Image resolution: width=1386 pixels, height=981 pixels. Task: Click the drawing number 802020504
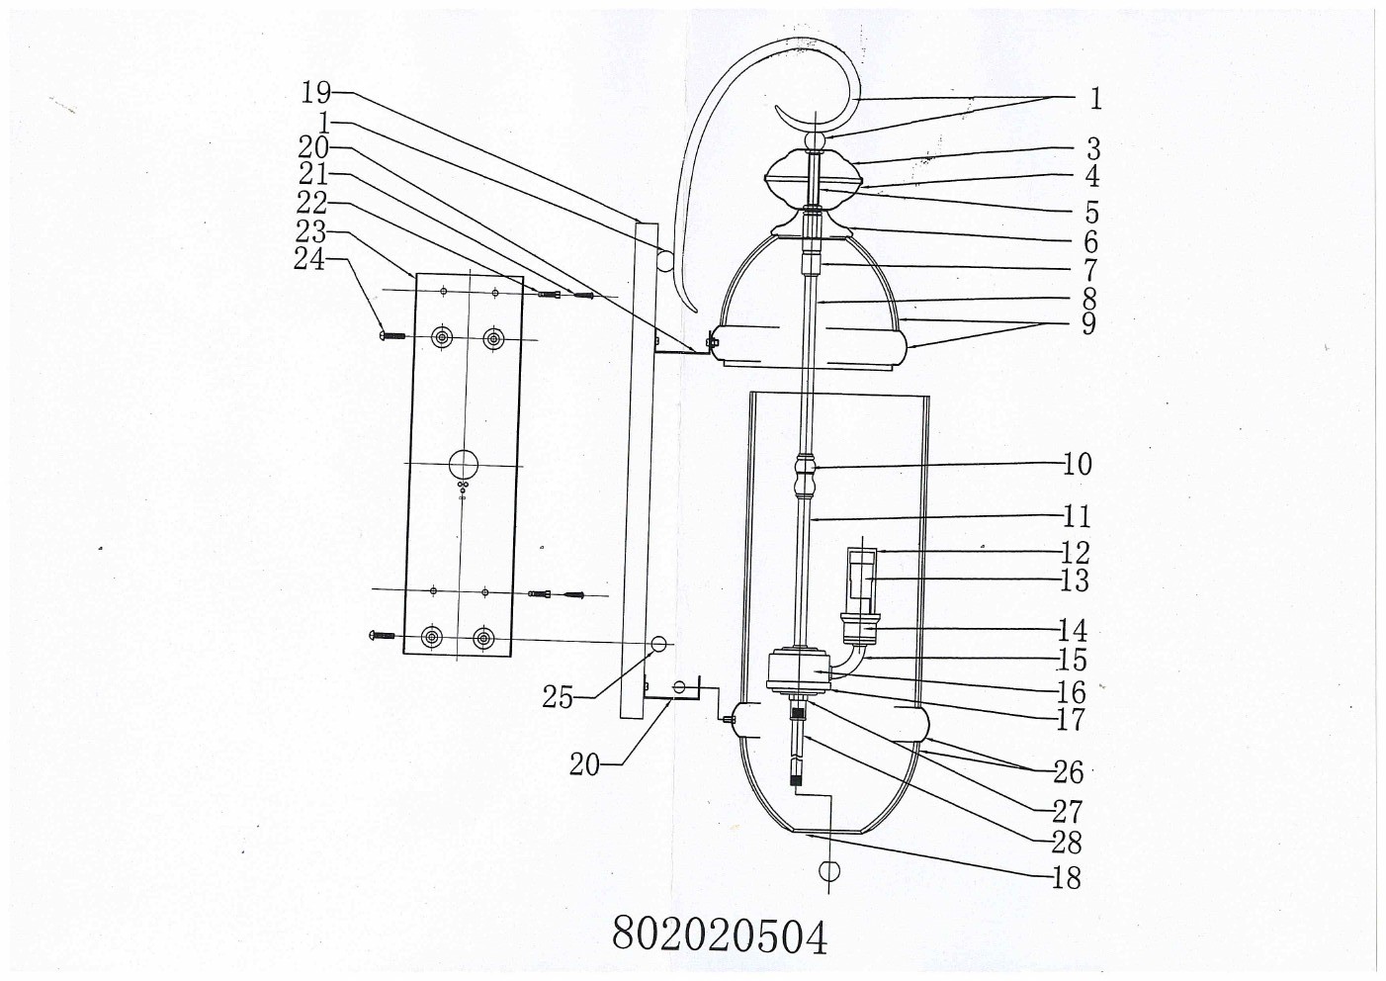[x=720, y=933]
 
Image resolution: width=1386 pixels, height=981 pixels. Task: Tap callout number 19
[x=315, y=94]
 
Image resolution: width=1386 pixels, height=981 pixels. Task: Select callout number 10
[x=1078, y=464]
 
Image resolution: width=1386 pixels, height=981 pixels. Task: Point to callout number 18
[x=1067, y=877]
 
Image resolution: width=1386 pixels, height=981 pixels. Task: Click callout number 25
[x=557, y=697]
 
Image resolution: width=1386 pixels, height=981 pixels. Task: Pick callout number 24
[x=309, y=259]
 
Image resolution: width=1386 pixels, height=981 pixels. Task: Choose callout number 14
[x=1073, y=630]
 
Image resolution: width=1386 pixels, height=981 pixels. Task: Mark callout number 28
[x=1067, y=843]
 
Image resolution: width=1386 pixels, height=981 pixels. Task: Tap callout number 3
[x=1092, y=150]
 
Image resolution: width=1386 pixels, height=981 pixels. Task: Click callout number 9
[x=1088, y=323]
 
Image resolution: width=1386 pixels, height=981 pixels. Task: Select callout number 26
[x=1068, y=771]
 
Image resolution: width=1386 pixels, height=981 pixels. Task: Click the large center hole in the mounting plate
[x=462, y=463]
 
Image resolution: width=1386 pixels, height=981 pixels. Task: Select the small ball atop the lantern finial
[x=817, y=142]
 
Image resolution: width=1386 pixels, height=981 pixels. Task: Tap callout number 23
[x=310, y=231]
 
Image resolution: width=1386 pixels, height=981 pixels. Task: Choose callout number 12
[x=1075, y=552]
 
